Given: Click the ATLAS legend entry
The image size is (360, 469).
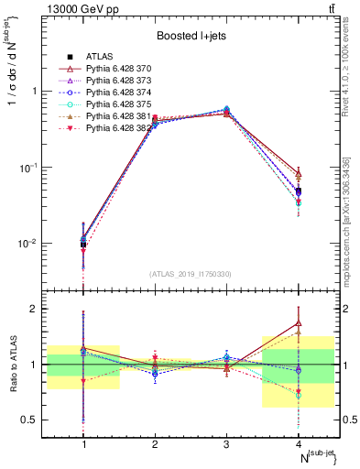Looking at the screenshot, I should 99,58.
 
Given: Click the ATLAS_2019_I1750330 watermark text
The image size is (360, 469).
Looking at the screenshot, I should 191,274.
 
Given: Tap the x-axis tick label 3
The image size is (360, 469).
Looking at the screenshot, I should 226,443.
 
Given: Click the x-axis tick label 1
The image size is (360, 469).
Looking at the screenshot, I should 84,443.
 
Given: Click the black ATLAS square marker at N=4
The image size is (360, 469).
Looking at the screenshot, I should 298,191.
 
